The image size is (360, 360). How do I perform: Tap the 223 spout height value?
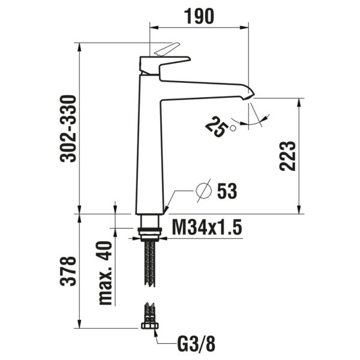tap(288, 156)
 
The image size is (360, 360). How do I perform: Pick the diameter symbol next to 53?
tap(204, 191)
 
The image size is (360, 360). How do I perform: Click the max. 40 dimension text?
tap(106, 274)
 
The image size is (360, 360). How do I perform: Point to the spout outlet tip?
tap(248, 94)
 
